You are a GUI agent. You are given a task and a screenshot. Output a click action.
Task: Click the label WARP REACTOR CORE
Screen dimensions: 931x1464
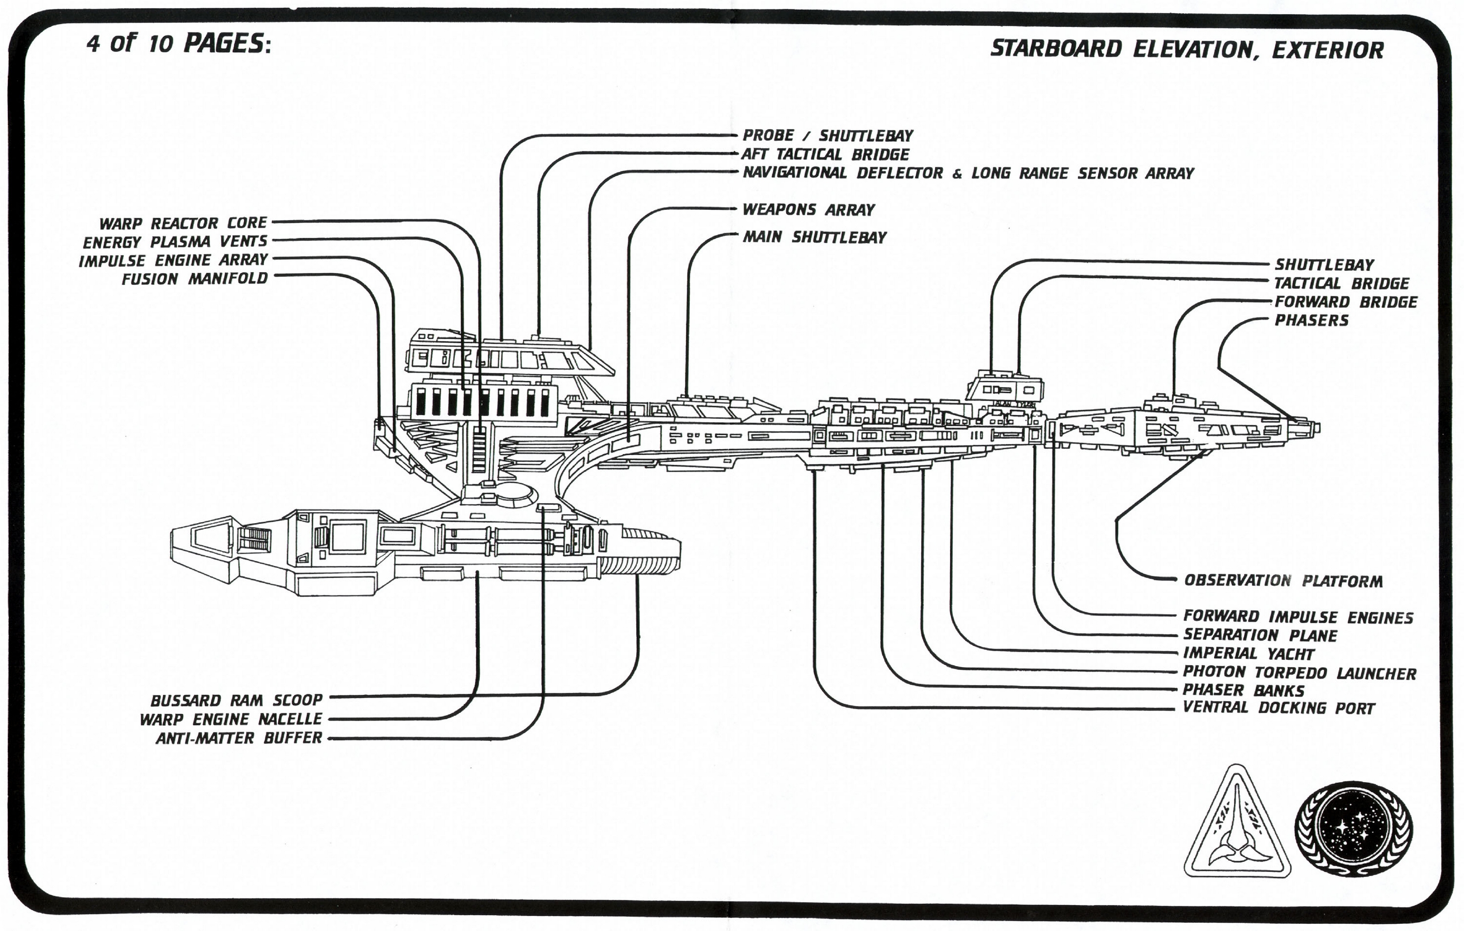point(183,223)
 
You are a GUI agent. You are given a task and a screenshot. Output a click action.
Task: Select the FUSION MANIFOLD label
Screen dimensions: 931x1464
point(194,279)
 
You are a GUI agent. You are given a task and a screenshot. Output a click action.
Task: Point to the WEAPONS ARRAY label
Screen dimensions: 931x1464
point(808,209)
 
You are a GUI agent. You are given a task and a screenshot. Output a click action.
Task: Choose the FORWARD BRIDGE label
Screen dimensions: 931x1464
point(1346,302)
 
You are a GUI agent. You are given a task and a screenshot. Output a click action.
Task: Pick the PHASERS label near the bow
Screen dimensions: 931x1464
point(1311,320)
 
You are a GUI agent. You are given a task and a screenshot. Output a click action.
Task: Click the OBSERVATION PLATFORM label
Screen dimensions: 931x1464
point(1283,581)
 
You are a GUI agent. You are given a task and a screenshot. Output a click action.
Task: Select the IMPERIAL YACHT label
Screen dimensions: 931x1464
point(1248,654)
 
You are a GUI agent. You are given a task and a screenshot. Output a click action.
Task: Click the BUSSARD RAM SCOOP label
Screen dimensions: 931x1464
point(237,700)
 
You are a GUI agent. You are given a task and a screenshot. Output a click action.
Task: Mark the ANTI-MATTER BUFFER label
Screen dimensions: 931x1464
point(239,738)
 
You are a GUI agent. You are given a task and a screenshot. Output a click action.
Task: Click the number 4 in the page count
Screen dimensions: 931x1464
point(93,44)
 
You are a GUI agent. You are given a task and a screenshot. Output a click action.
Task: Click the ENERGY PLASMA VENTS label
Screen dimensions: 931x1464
point(175,242)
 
